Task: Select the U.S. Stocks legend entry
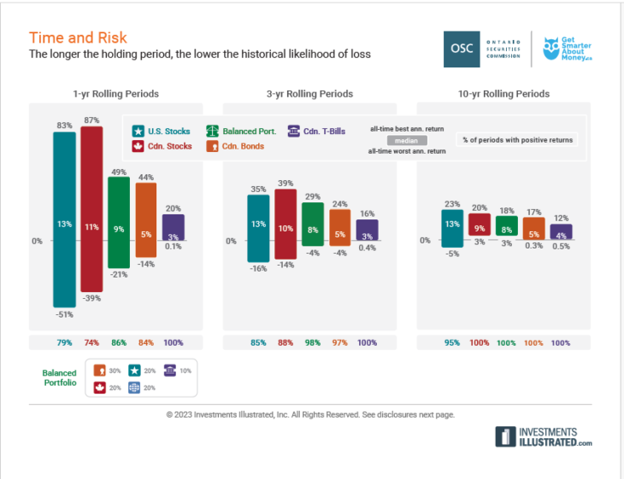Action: [161, 131]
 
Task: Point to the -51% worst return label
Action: [64, 315]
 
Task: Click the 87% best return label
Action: [91, 120]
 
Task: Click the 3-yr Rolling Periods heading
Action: [311, 94]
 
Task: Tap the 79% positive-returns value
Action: [64, 342]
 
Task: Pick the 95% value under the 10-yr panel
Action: [452, 342]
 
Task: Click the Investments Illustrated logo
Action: [543, 437]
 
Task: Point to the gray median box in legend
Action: [407, 140]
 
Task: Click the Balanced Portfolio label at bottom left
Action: [59, 378]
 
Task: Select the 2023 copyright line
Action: [310, 415]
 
